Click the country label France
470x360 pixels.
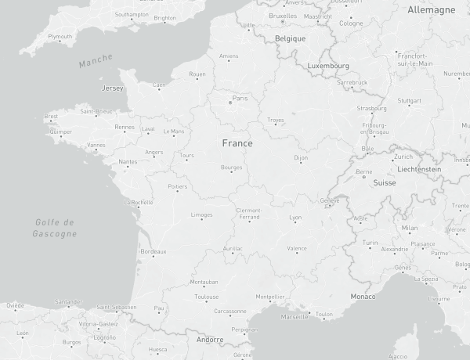237,143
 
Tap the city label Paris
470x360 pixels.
240,99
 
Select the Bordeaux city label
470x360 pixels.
153,252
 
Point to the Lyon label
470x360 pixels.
295,218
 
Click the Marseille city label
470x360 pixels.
295,318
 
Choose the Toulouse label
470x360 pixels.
207,297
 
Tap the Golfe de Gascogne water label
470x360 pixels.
56,228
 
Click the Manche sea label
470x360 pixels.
96,60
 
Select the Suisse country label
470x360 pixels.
385,182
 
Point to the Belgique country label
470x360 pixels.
290,38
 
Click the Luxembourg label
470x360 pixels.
328,66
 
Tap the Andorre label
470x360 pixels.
210,340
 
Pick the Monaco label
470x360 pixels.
363,297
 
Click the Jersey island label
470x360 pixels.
113,88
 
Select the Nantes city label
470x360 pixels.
128,163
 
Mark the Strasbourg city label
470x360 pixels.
371,109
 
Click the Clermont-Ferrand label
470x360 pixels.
250,214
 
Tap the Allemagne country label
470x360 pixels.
431,10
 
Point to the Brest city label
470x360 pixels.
52,117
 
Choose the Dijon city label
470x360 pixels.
302,158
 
